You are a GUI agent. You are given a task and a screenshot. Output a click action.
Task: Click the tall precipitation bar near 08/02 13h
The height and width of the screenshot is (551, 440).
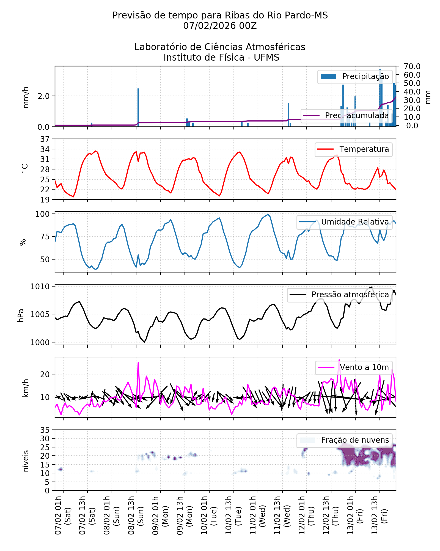pos(138,107)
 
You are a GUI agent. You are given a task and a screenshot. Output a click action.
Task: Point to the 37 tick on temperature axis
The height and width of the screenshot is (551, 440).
pos(45,139)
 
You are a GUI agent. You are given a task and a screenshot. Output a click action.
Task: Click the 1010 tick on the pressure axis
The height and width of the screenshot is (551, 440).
pos(40,287)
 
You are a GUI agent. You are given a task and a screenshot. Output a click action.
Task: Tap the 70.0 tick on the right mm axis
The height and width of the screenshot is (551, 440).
pos(412,66)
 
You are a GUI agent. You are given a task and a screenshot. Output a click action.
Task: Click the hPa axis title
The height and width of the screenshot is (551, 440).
pos(21,315)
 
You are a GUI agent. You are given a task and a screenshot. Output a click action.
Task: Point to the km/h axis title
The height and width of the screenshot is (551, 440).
pos(26,388)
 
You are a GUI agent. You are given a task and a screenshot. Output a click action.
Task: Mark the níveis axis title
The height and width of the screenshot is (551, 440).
pos(26,461)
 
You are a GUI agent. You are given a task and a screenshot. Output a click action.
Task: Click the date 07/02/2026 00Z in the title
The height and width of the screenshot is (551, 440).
pos(220,26)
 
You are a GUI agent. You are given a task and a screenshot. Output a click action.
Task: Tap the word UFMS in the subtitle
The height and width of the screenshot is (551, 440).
pos(266,58)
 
